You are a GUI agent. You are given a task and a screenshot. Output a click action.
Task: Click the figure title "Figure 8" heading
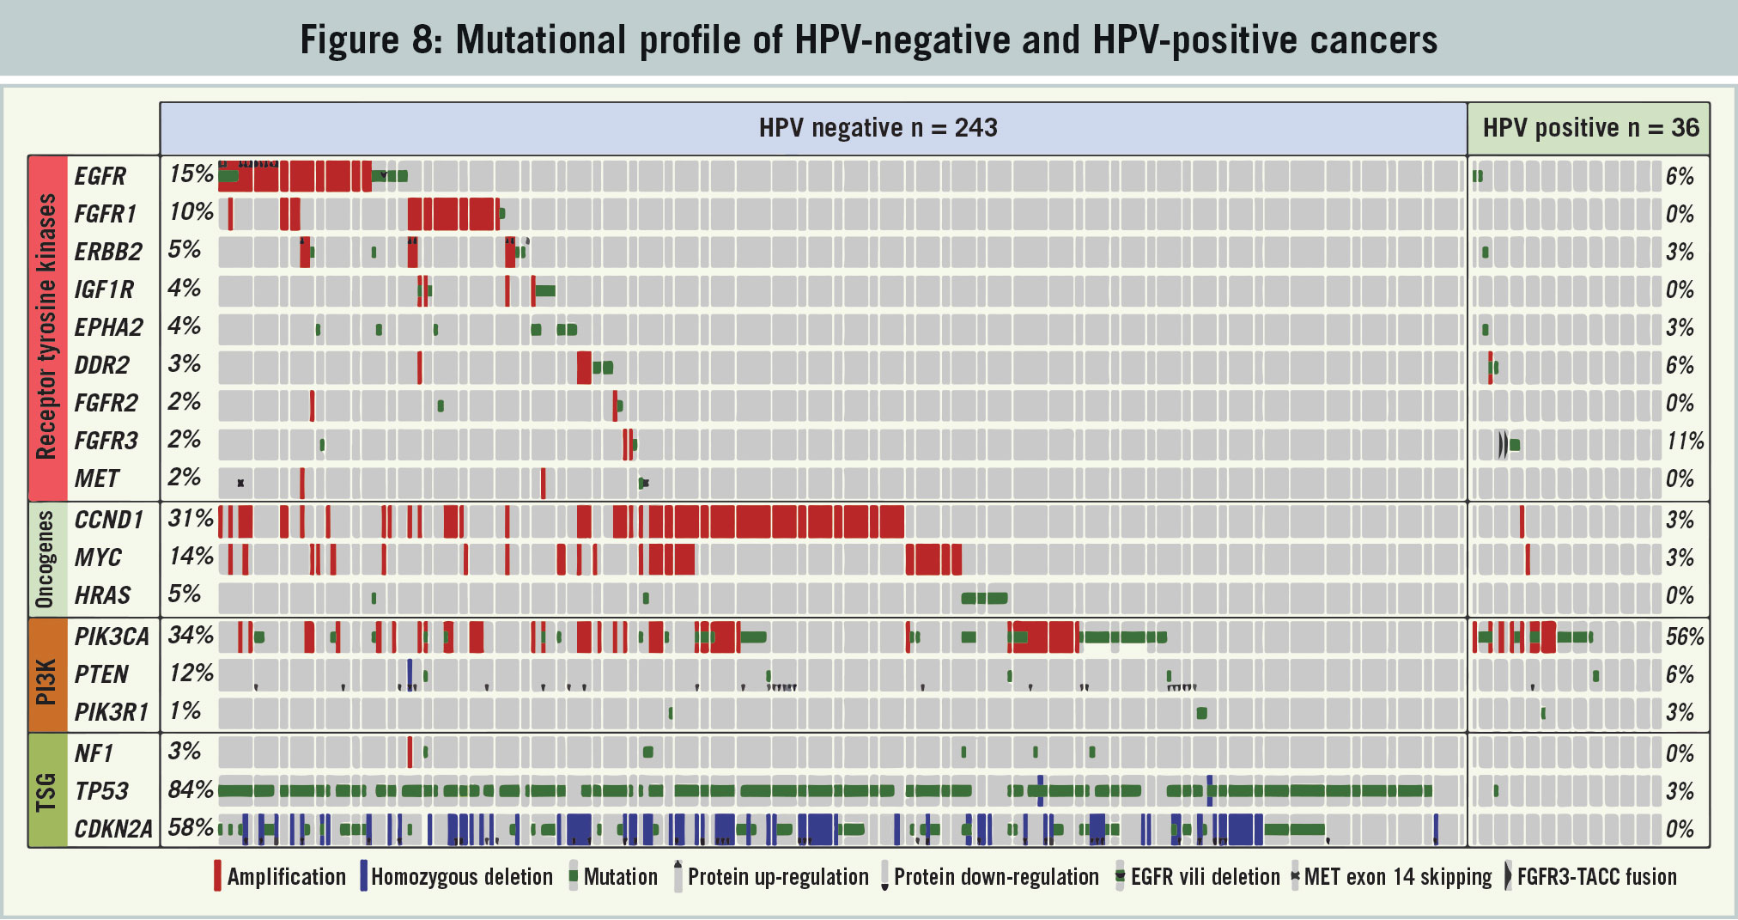coord(868,40)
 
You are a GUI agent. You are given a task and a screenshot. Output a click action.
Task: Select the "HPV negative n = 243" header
coord(878,128)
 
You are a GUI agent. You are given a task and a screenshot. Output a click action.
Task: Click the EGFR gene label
coord(100,176)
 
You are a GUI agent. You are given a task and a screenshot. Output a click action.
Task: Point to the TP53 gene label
coord(101,791)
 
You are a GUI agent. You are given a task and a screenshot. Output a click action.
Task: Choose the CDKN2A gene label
coord(112,829)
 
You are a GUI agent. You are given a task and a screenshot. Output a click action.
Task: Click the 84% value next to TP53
coord(191,789)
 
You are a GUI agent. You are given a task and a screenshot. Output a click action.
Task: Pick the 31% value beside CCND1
coord(191,519)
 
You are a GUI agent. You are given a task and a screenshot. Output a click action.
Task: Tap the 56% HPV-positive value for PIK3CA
coord(1684,637)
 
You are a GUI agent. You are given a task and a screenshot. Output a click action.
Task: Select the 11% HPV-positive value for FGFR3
coord(1685,442)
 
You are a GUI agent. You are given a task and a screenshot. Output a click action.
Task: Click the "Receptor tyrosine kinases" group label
coord(46,326)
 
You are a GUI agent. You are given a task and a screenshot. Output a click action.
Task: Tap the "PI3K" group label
coord(46,675)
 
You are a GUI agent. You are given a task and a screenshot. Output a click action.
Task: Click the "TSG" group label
coord(46,791)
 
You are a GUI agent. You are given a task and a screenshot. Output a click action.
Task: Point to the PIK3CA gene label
coord(112,637)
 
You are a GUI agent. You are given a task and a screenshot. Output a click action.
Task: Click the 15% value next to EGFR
coord(191,174)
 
